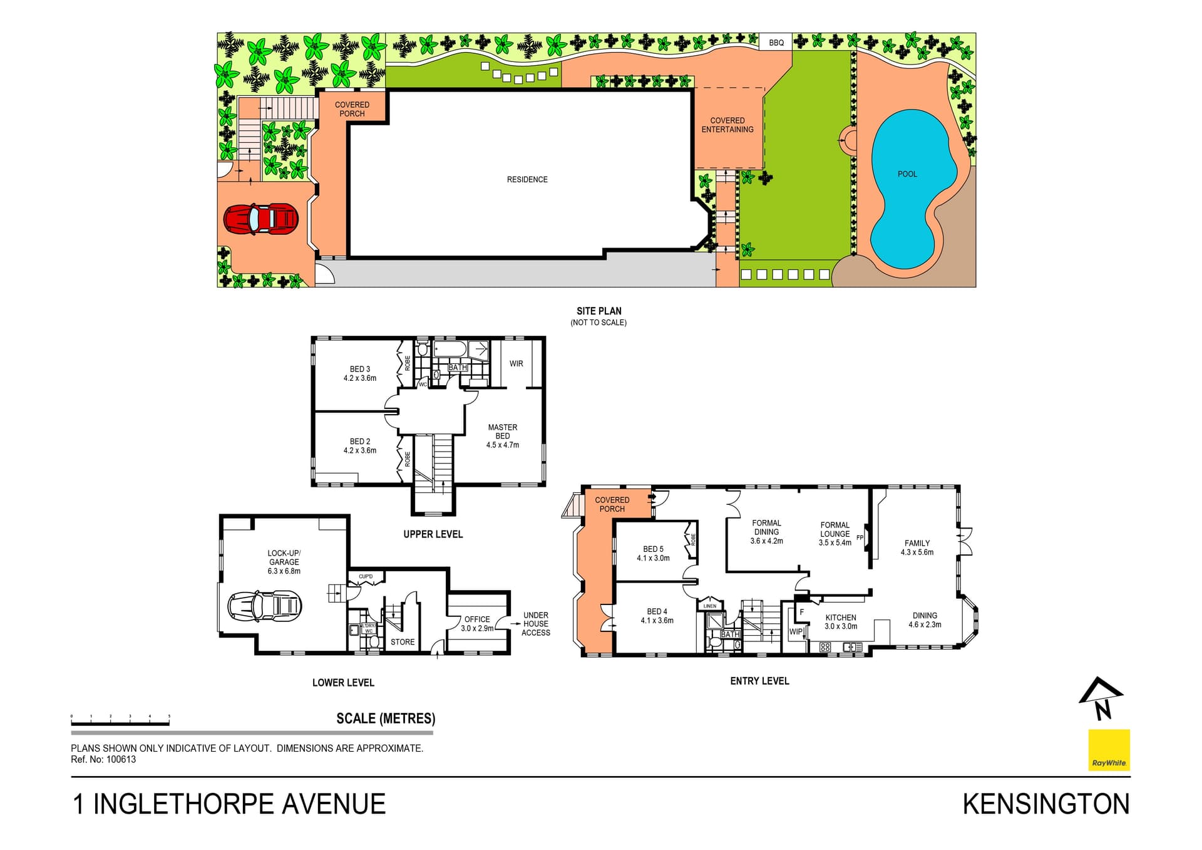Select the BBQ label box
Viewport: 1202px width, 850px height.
[x=776, y=43]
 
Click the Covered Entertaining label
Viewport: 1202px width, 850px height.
[x=727, y=125]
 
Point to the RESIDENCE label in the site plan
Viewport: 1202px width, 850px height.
[x=527, y=180]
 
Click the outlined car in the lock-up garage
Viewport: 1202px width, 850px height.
[x=264, y=606]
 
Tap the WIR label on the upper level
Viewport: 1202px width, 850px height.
[x=516, y=363]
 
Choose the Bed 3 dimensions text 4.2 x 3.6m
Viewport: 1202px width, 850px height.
[x=360, y=378]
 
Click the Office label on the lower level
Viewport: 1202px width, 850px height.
[x=477, y=619]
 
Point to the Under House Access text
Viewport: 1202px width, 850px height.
[x=536, y=624]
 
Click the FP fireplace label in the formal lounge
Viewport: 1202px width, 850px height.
[x=860, y=537]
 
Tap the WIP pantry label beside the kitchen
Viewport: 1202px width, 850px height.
[x=795, y=631]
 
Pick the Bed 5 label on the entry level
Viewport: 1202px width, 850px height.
[x=653, y=549]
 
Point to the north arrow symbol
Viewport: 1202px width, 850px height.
[x=1102, y=698]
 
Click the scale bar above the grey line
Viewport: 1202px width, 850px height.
[x=120, y=723]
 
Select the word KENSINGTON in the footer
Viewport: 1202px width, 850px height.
[x=1045, y=804]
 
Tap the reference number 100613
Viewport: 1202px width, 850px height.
[x=121, y=759]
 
